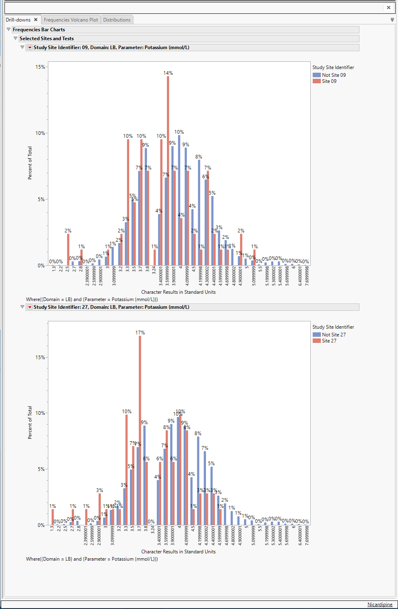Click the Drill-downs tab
click(x=18, y=20)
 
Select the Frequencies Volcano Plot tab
click(x=71, y=20)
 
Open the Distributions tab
click(x=117, y=20)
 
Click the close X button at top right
click(x=388, y=7)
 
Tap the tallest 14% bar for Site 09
click(x=168, y=171)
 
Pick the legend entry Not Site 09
click(x=333, y=75)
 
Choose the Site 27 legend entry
click(x=329, y=341)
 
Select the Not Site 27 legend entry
click(x=333, y=335)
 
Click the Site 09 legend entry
click(x=329, y=81)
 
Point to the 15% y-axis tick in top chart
click(x=40, y=67)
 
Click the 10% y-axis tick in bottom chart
click(x=40, y=413)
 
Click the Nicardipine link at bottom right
click(x=380, y=605)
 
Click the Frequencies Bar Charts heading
click(x=39, y=30)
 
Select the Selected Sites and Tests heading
click(x=47, y=39)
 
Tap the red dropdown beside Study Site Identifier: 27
click(x=30, y=307)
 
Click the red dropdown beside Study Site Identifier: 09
click(x=30, y=48)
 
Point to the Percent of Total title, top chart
click(x=30, y=163)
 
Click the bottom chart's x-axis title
click(x=178, y=552)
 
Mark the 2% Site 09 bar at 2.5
click(x=68, y=249)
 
